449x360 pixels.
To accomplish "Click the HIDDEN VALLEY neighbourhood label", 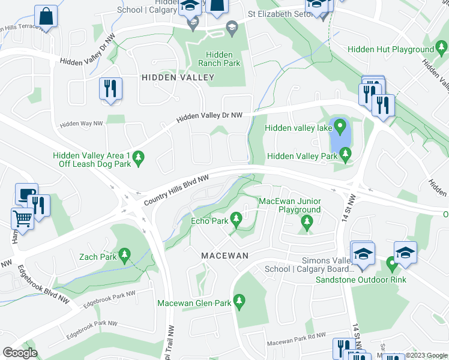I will [x=178, y=77].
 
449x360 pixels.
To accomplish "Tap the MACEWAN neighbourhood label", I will [x=225, y=255].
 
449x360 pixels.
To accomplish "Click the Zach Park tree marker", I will [x=125, y=256].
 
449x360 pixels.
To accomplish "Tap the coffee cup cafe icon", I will [x=26, y=193].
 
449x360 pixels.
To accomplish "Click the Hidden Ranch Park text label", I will [x=219, y=59].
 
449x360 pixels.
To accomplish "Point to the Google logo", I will [x=19, y=353].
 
